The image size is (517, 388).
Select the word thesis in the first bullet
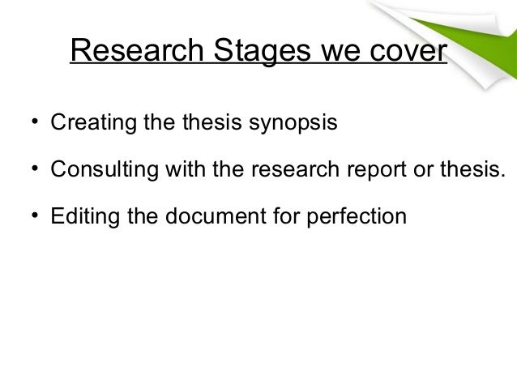222,126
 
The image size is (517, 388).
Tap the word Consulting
93,172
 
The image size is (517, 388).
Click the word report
376,172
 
